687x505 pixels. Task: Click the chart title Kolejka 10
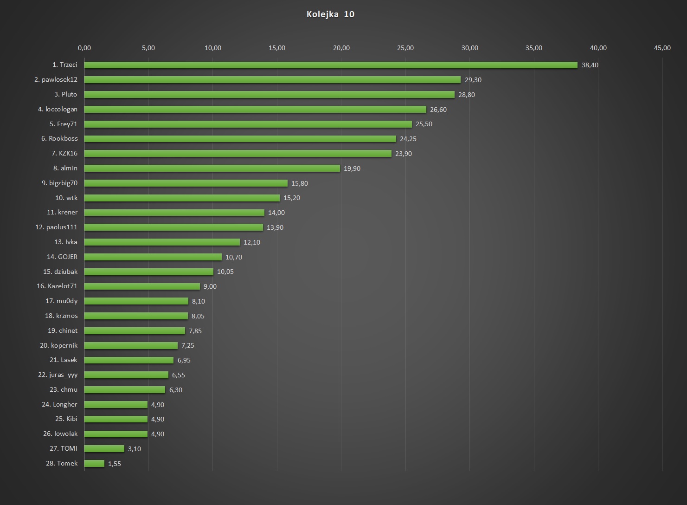click(330, 14)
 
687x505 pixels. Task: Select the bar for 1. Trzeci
click(330, 65)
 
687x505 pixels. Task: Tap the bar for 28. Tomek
click(94, 463)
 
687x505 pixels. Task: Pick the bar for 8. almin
click(212, 168)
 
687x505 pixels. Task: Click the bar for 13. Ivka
click(162, 242)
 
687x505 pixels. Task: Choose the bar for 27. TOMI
click(104, 448)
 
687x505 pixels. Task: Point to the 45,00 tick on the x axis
click(662, 48)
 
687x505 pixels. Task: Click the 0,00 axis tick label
click(84, 48)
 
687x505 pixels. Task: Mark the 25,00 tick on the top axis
click(405, 48)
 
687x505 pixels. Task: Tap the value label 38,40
click(590, 65)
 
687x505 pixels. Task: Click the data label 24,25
click(408, 139)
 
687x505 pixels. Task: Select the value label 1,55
click(114, 464)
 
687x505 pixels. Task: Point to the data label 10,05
click(225, 272)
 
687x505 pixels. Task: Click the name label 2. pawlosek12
click(56, 79)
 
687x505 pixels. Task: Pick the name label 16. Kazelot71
click(57, 286)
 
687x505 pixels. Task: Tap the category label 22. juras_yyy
click(58, 375)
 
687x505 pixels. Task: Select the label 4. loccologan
click(58, 109)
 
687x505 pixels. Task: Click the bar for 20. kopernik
click(131, 345)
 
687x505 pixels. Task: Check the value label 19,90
click(352, 168)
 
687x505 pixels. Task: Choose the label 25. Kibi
click(66, 419)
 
